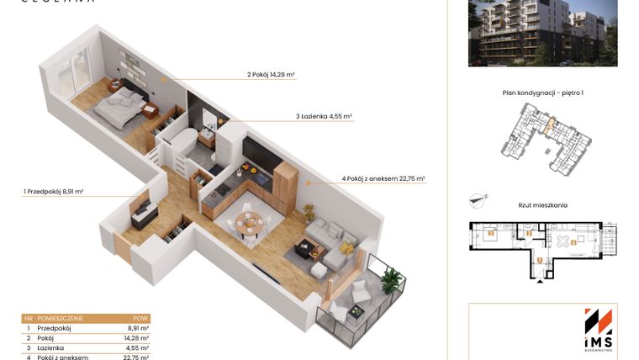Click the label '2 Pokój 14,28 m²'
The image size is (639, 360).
click(271, 75)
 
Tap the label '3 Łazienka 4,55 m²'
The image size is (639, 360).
click(323, 117)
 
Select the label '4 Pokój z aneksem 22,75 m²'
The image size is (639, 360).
click(383, 178)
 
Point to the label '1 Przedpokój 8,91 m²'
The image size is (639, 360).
click(54, 192)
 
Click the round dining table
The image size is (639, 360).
click(248, 223)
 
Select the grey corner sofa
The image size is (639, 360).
click(331, 243)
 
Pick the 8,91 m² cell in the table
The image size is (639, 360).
click(139, 328)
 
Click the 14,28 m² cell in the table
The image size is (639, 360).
click(137, 337)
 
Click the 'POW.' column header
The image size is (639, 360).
click(141, 319)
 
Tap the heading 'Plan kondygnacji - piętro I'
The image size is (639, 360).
click(542, 93)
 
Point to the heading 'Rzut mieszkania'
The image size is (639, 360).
click(542, 204)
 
